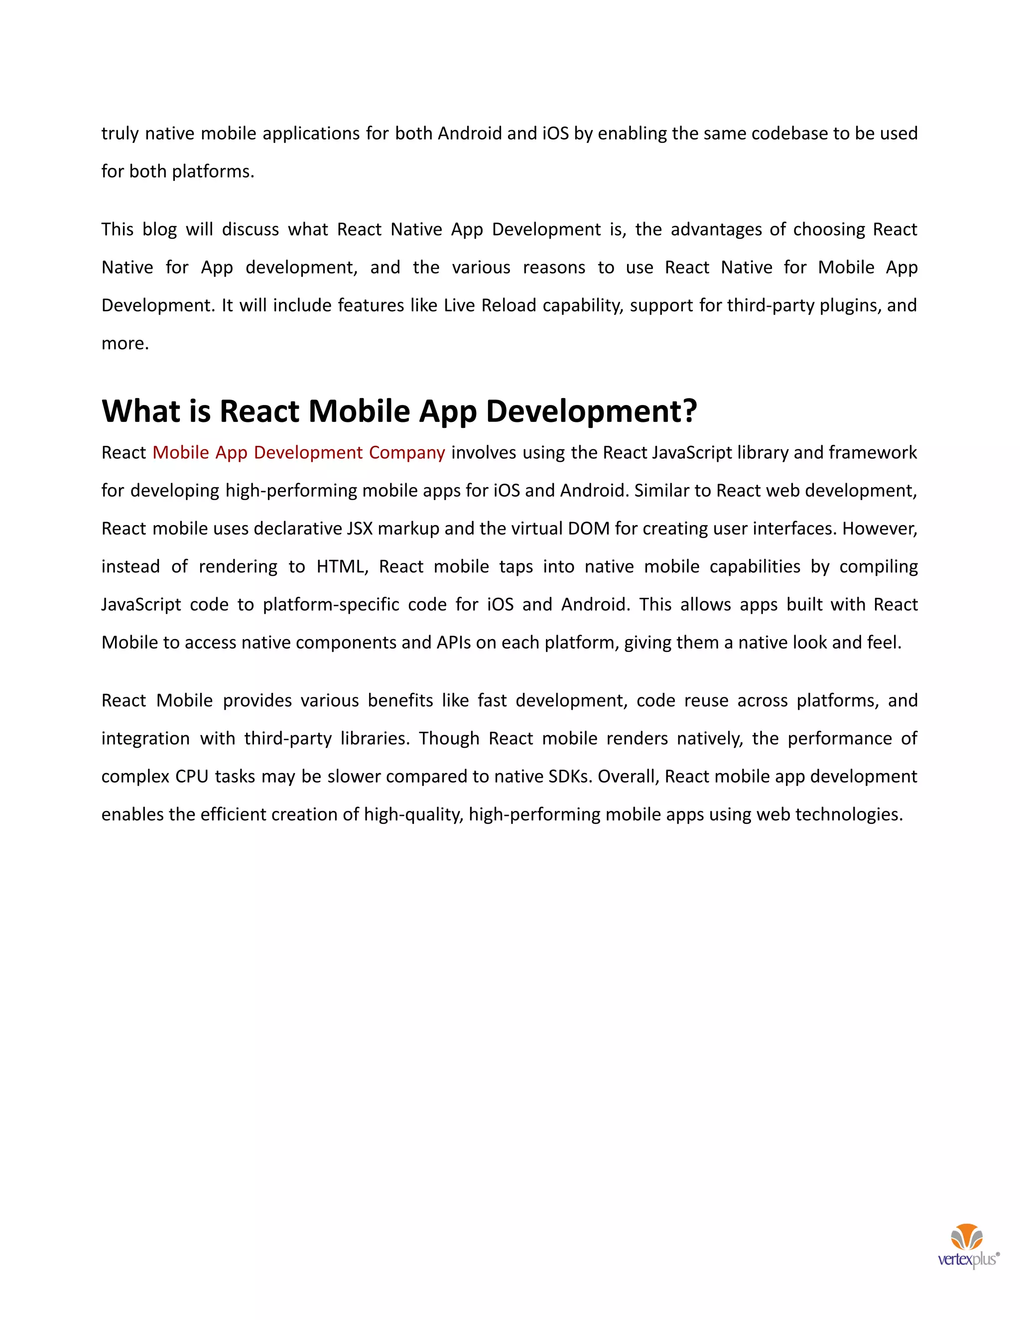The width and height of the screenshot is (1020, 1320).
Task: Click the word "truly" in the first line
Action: click(x=120, y=133)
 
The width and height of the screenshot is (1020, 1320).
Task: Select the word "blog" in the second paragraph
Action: click(x=159, y=230)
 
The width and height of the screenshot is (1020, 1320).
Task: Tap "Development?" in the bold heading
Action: click(x=592, y=411)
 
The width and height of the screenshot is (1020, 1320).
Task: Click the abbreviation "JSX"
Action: click(x=360, y=529)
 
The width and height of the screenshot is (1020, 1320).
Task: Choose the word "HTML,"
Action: click(x=343, y=567)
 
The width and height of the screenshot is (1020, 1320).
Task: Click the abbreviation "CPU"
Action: click(x=192, y=777)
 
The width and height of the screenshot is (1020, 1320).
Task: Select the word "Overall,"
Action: click(x=629, y=777)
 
